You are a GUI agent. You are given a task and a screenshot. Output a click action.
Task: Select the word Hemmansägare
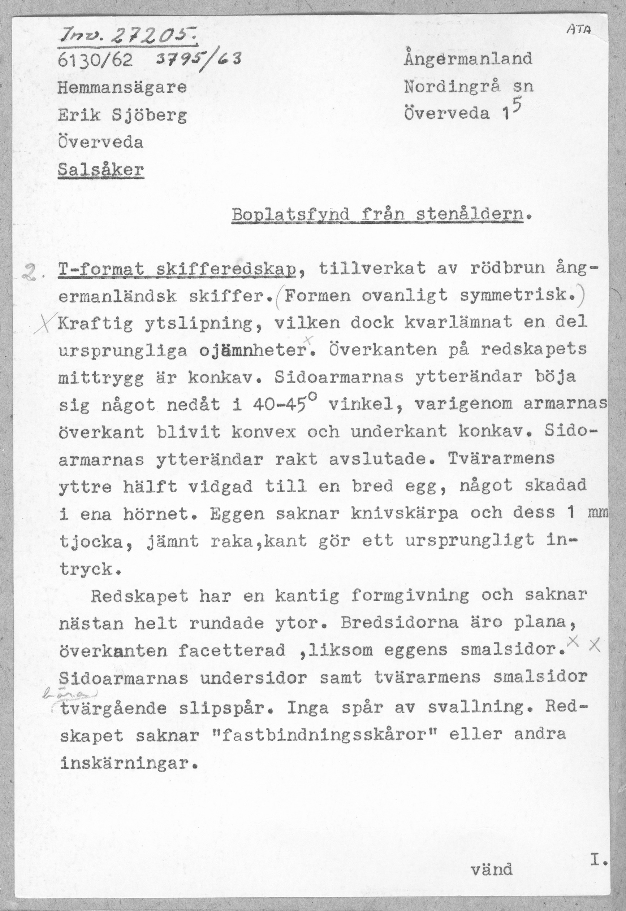click(x=122, y=87)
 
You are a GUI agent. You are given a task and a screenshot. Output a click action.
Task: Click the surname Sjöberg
click(x=149, y=115)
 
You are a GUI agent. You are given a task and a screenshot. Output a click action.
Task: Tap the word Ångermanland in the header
click(x=468, y=58)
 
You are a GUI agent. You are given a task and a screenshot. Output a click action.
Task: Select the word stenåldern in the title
click(x=470, y=215)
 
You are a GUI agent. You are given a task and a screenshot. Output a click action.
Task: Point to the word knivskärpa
click(x=405, y=514)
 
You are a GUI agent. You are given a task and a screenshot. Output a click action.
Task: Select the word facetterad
click(x=232, y=650)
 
